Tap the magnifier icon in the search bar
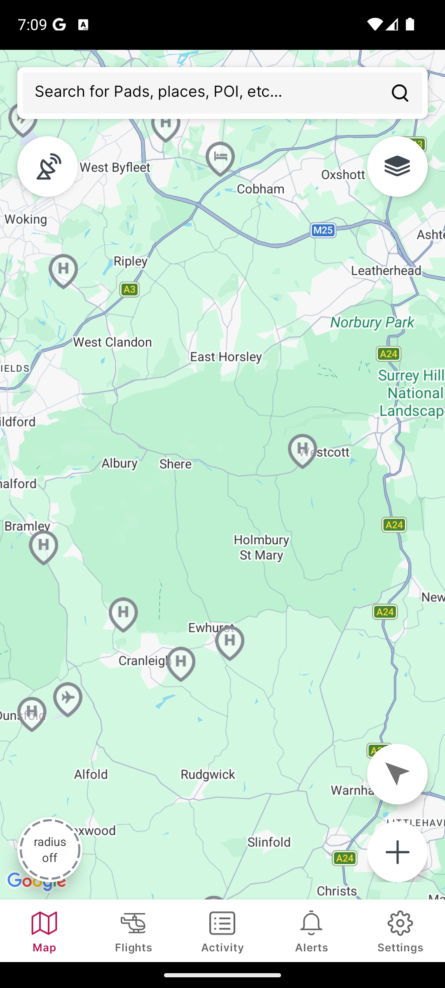tap(400, 93)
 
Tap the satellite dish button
tap(47, 166)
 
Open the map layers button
tap(397, 166)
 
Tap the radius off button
tap(50, 850)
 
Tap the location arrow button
tap(397, 774)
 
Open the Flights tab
tap(133, 931)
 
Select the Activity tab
tap(222, 931)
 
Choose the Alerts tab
tap(311, 931)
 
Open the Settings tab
tap(400, 931)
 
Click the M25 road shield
tap(323, 230)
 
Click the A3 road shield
tap(129, 289)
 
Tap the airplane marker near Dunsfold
tap(68, 698)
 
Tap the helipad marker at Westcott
tap(302, 450)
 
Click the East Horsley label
tap(226, 357)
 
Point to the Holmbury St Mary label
tap(261, 547)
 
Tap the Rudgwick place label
tap(208, 774)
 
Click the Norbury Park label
tap(372, 322)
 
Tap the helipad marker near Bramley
tap(44, 546)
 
